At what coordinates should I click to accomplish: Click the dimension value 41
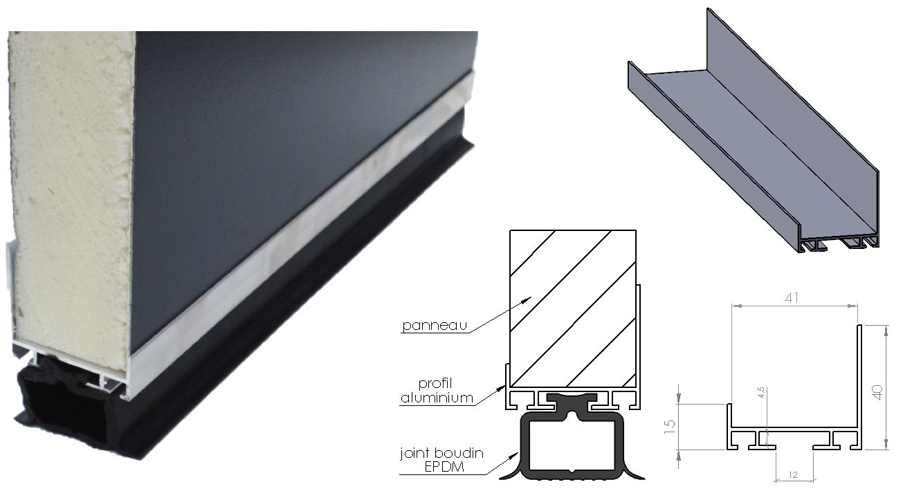(x=792, y=298)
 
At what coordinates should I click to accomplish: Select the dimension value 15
(x=669, y=426)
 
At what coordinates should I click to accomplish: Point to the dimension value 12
(x=793, y=475)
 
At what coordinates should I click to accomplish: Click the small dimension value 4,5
(x=760, y=392)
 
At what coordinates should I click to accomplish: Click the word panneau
(x=435, y=325)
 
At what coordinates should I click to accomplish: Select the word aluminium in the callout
(x=437, y=398)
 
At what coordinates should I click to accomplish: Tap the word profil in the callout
(x=435, y=383)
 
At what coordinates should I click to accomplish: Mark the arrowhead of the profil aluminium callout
(x=502, y=387)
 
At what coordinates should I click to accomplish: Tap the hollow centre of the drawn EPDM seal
(x=572, y=445)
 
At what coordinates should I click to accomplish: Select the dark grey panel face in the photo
(x=282, y=161)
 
